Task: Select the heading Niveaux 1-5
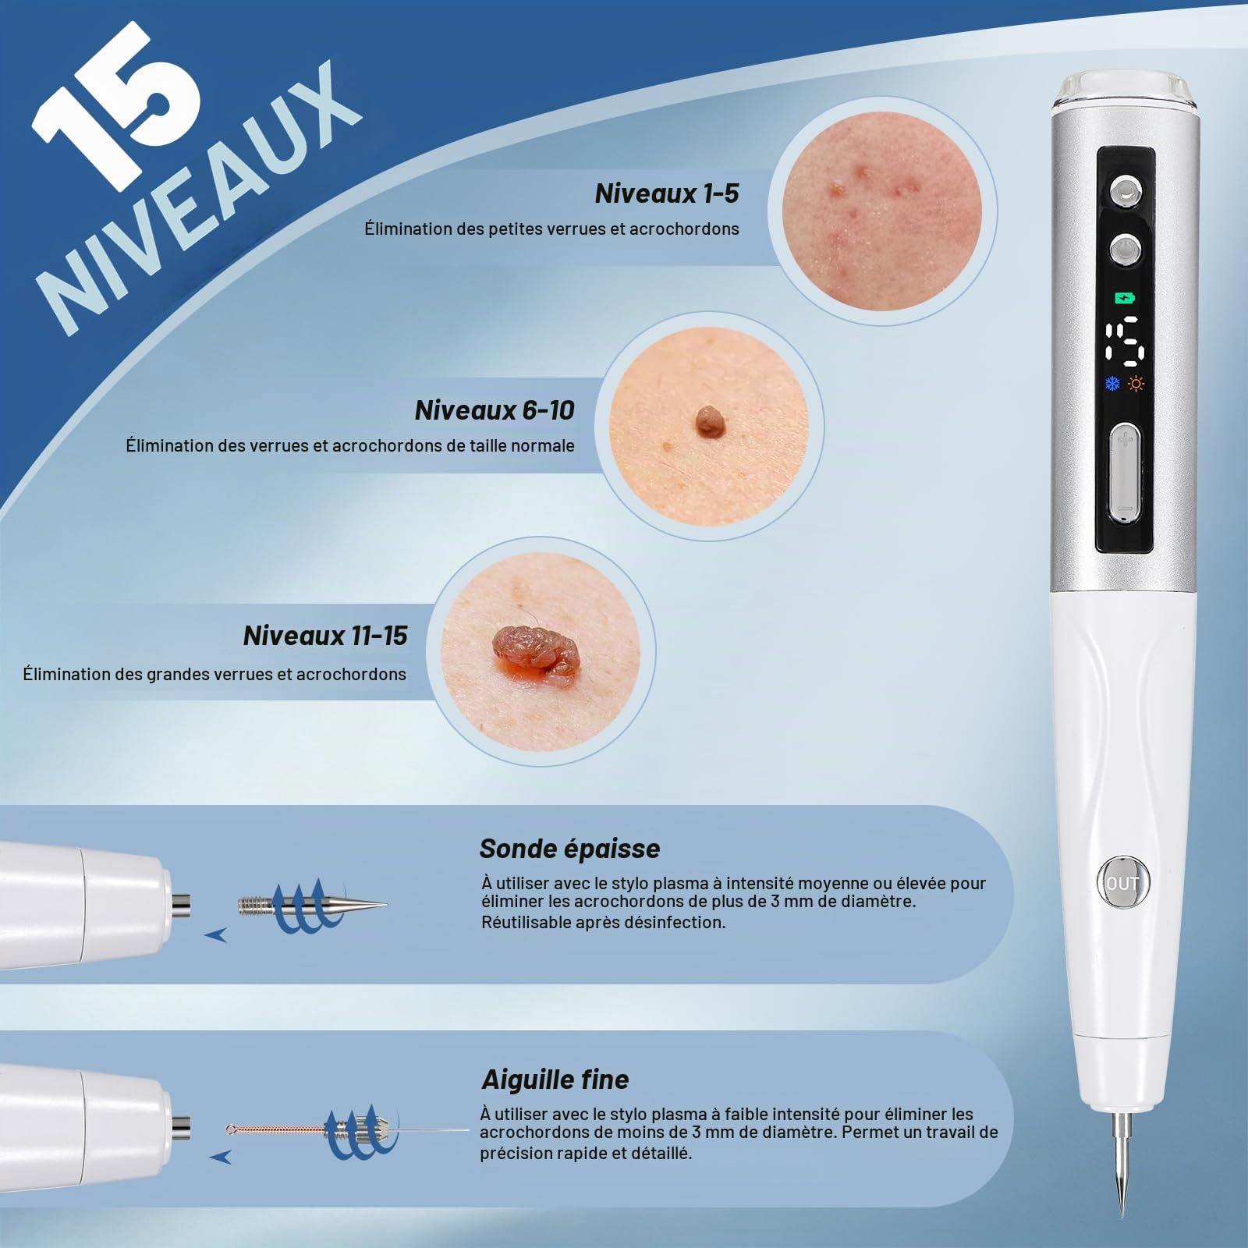tap(666, 193)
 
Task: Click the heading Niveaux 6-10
tap(495, 410)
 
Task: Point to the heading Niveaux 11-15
tap(325, 636)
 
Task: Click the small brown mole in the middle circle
tap(709, 422)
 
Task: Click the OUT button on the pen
tap(1122, 883)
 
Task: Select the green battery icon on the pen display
tap(1125, 297)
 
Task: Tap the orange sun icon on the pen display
tap(1137, 383)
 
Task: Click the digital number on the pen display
tap(1126, 341)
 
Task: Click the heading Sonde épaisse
tap(569, 849)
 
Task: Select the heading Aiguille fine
tap(555, 1080)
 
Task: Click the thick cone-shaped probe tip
tap(312, 906)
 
